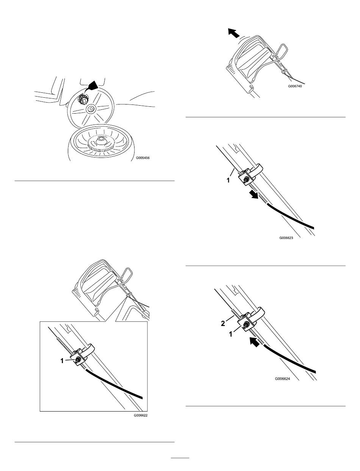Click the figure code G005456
click(142, 158)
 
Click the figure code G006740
click(295, 86)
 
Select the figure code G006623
click(286, 238)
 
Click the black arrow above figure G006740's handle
click(233, 33)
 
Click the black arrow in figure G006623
click(254, 194)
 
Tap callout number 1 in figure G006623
click(228, 180)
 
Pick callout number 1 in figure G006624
click(231, 334)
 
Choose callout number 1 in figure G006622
click(62, 361)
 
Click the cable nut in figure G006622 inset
click(78, 361)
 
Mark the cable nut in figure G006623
click(245, 178)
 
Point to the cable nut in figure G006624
click(246, 326)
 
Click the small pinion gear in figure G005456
click(83, 99)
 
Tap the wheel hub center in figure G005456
click(90, 109)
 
